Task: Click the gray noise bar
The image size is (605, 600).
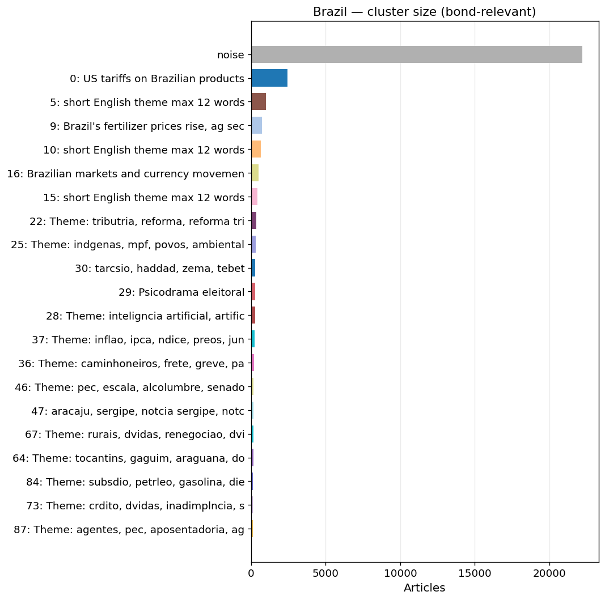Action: coord(417,54)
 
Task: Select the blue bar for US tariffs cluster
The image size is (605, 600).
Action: coord(269,78)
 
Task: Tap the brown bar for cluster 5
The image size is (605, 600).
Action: coord(259,102)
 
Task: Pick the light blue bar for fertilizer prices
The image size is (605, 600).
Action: coord(257,126)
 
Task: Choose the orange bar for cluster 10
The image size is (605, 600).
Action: coord(256,150)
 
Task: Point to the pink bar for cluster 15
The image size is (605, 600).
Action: coord(254,197)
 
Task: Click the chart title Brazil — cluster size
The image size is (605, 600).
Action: coord(425,12)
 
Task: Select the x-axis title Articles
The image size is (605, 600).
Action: coord(425,588)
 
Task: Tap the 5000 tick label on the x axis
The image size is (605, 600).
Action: coord(325,573)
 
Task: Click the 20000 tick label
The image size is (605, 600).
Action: coord(549,573)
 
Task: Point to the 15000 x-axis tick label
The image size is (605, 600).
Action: coord(475,573)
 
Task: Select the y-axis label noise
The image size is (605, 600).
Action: coord(230,55)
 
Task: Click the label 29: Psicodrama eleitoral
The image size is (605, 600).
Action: coord(181,292)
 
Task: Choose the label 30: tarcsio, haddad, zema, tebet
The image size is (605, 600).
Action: coord(160,269)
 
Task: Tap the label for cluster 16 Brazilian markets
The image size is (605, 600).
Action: coord(126,173)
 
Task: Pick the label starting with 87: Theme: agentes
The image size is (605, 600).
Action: coord(129,530)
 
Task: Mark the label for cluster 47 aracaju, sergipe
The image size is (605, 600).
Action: coord(138,411)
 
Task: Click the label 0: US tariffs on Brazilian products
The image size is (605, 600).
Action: coord(157,79)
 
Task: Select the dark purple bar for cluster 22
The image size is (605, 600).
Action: coord(254,221)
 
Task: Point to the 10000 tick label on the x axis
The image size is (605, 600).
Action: coord(400,573)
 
